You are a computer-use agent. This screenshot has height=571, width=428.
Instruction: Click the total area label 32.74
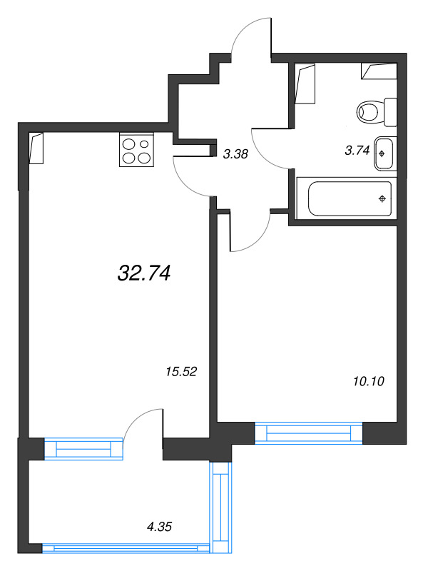[x=144, y=273]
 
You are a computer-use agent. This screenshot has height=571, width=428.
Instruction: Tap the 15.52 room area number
[x=181, y=371]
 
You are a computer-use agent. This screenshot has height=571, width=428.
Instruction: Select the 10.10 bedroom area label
[x=369, y=381]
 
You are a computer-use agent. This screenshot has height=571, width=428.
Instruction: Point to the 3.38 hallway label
[x=235, y=154]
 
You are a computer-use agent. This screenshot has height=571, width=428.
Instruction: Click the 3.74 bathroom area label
[x=357, y=151]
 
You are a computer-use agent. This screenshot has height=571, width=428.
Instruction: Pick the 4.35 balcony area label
[x=159, y=527]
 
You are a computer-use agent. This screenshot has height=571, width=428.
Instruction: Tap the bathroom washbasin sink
[x=384, y=153]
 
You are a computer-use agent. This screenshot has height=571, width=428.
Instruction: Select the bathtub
[x=347, y=198]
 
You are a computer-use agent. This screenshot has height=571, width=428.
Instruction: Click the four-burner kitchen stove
[x=136, y=150]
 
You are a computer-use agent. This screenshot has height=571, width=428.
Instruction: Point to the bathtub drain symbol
[x=382, y=198]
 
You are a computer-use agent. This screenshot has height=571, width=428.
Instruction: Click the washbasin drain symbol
[x=382, y=153]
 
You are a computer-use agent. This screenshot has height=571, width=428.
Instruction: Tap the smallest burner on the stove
[x=145, y=144]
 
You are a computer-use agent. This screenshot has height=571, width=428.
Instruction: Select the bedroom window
[x=309, y=433]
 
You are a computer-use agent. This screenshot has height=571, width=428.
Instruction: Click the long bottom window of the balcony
[x=126, y=548]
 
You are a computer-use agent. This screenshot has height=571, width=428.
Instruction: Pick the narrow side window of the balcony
[x=220, y=507]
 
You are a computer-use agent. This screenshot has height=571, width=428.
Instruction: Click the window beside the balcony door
[x=83, y=449]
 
